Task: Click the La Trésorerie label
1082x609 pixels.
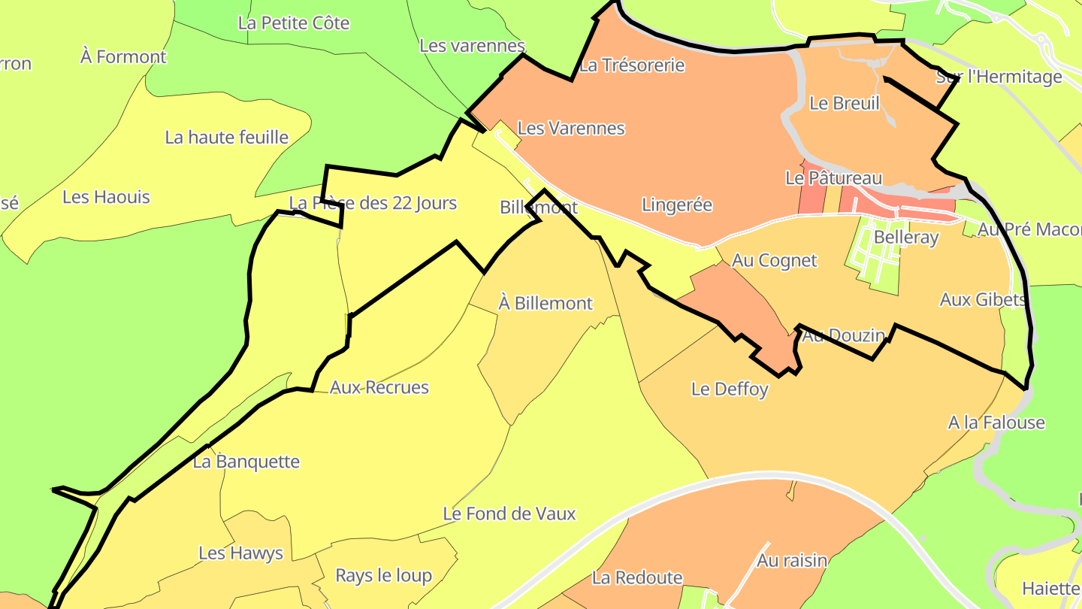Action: (x=632, y=65)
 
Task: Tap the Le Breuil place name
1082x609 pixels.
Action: (x=844, y=103)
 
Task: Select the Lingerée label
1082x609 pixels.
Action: (x=676, y=205)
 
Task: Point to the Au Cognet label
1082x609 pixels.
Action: (x=774, y=260)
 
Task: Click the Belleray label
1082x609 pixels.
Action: (x=906, y=238)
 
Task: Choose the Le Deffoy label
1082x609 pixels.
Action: (x=730, y=389)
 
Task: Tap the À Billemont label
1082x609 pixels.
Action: (x=546, y=303)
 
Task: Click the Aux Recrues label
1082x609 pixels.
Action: (x=379, y=387)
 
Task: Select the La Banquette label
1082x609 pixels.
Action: (x=246, y=462)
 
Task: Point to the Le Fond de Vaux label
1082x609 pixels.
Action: (x=509, y=514)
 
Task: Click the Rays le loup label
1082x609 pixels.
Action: (x=383, y=576)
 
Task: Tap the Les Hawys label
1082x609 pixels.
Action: (x=240, y=553)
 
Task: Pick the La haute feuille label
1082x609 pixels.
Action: (x=226, y=137)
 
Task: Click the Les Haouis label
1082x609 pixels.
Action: (x=106, y=197)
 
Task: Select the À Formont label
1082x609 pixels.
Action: (x=123, y=56)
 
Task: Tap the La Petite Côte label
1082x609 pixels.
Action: (x=293, y=23)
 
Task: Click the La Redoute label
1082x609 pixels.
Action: (x=637, y=577)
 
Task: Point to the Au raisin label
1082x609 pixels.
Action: (x=791, y=560)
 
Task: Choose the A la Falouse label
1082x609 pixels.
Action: (x=996, y=423)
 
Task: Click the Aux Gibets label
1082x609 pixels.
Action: (x=982, y=299)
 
